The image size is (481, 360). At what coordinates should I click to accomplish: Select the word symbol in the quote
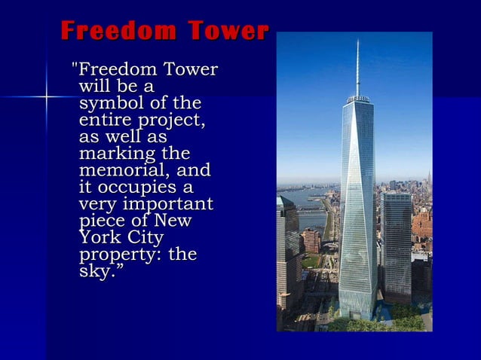[106, 103]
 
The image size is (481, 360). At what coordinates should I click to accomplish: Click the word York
[100, 238]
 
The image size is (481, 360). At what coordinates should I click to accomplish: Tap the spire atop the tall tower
[357, 68]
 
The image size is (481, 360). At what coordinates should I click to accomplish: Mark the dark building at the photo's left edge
[287, 256]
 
